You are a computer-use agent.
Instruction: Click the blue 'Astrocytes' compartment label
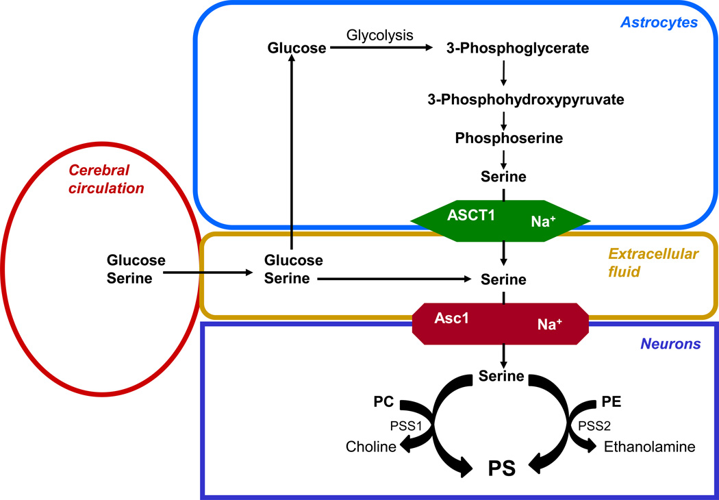659,23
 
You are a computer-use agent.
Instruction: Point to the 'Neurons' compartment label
670,345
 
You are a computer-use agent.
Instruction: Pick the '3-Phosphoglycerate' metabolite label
518,49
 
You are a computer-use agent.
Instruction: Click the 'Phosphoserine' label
509,138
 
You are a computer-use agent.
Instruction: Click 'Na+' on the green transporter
543,221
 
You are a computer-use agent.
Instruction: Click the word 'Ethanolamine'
649,447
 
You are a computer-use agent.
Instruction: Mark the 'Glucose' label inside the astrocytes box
296,49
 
